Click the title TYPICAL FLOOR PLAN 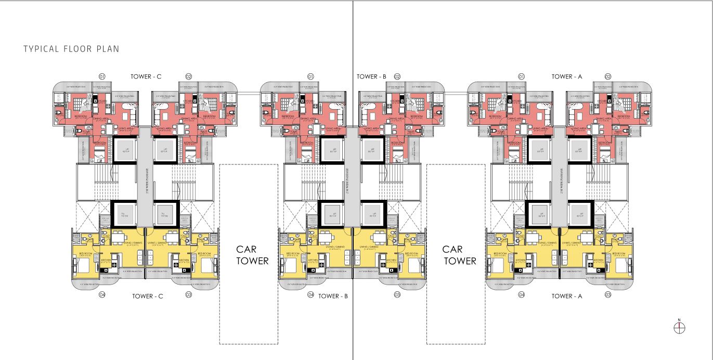click(71, 49)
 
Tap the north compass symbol click(679, 327)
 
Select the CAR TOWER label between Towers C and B click(252, 255)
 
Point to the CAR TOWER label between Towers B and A click(459, 255)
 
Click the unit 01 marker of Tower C click(102, 76)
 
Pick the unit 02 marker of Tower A click(608, 76)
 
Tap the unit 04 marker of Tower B click(310, 295)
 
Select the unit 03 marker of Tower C click(189, 295)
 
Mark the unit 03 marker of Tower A click(608, 295)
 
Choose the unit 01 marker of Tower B click(310, 76)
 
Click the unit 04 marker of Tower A click(522, 295)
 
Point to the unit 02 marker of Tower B click(397, 76)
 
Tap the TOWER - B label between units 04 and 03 click(333, 296)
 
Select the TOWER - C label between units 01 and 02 click(147, 76)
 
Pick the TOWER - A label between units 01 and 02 click(567, 76)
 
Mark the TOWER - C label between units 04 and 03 click(148, 296)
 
